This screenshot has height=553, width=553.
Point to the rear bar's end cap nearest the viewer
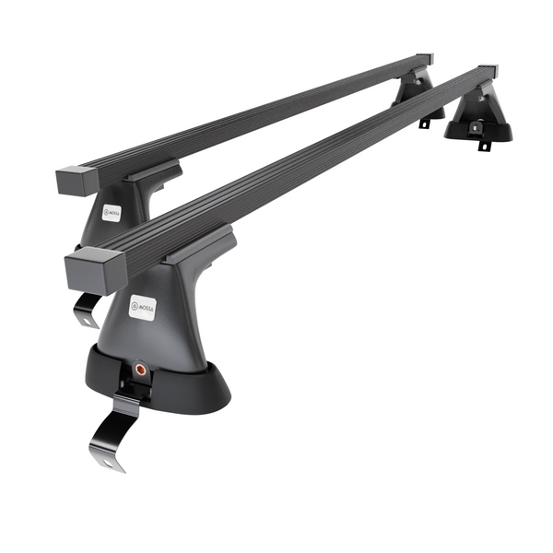(72, 181)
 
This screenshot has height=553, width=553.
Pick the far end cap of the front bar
(488, 72)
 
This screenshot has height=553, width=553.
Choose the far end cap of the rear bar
(424, 60)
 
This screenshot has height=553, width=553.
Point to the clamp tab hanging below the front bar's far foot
(481, 145)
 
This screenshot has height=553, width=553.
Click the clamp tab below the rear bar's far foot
(424, 122)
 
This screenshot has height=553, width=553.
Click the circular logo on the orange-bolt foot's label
(135, 304)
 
